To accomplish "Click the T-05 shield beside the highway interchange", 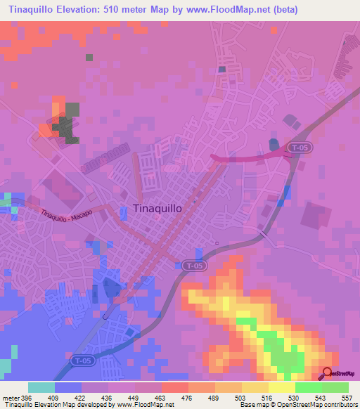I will tap(297, 148).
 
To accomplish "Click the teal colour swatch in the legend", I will tap(41, 388).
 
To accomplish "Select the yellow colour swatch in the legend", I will tap(281, 388).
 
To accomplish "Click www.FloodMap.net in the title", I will tap(217, 10).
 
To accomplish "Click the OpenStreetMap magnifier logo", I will tap(328, 372).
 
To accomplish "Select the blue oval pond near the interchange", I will tap(274, 145).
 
